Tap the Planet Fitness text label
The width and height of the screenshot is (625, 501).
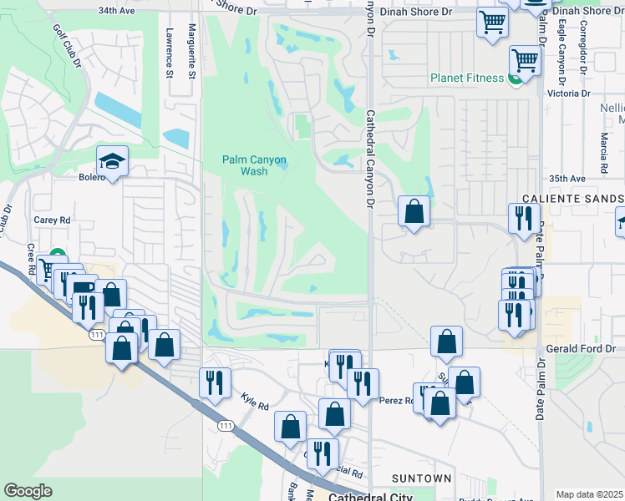466,78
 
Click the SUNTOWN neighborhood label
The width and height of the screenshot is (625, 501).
422,478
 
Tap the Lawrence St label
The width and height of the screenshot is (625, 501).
170,53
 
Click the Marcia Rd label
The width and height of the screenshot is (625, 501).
602,147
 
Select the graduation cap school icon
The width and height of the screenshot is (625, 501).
111,159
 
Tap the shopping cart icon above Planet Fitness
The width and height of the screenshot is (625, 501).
524,59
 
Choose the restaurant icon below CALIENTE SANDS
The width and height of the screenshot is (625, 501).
523,219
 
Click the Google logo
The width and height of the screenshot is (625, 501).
28,491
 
